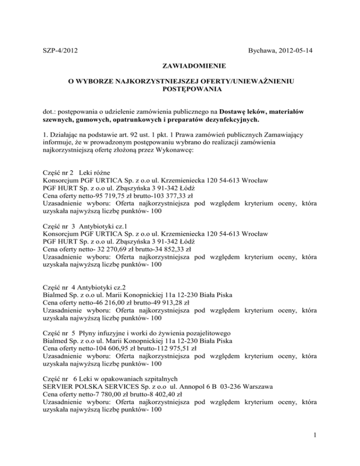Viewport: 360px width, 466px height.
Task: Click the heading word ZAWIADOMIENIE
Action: pos(180,66)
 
